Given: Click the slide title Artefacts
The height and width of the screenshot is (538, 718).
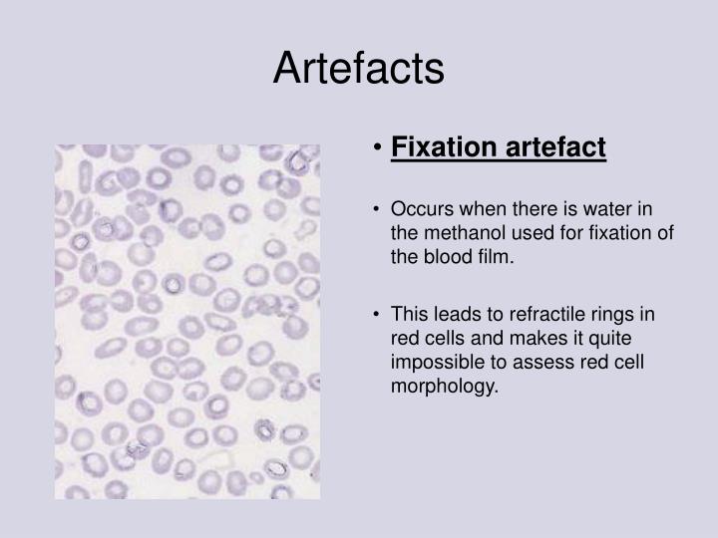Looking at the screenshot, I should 359,69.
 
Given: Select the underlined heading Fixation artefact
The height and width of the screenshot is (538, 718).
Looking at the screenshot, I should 498,147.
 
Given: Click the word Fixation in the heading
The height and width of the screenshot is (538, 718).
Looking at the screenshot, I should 443,147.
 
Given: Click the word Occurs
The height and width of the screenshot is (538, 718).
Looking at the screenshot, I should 420,210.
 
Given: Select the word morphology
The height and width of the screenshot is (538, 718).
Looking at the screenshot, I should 444,386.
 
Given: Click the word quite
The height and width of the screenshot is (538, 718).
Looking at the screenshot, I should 629,338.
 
